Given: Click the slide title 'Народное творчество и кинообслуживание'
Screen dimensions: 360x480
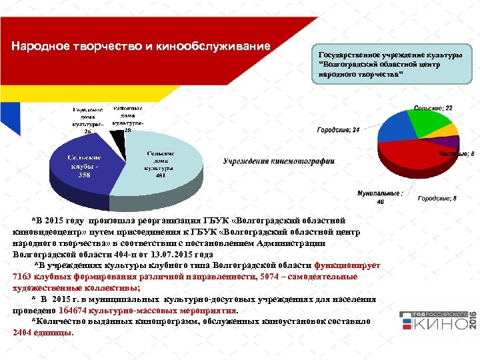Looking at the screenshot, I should point(141,47).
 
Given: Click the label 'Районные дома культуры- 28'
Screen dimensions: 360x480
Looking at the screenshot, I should point(127,119).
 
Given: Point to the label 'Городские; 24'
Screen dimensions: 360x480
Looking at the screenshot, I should point(337,130).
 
